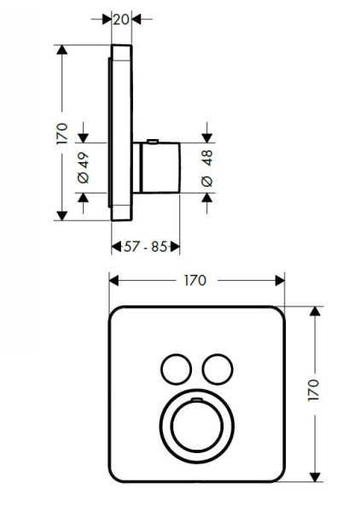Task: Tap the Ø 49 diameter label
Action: coord(83,165)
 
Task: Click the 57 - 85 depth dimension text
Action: coord(146,247)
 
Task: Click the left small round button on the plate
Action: coord(176,369)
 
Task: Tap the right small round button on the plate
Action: coord(218,369)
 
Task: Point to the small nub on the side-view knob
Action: coord(153,141)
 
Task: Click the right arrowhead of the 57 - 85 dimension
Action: coord(174,247)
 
